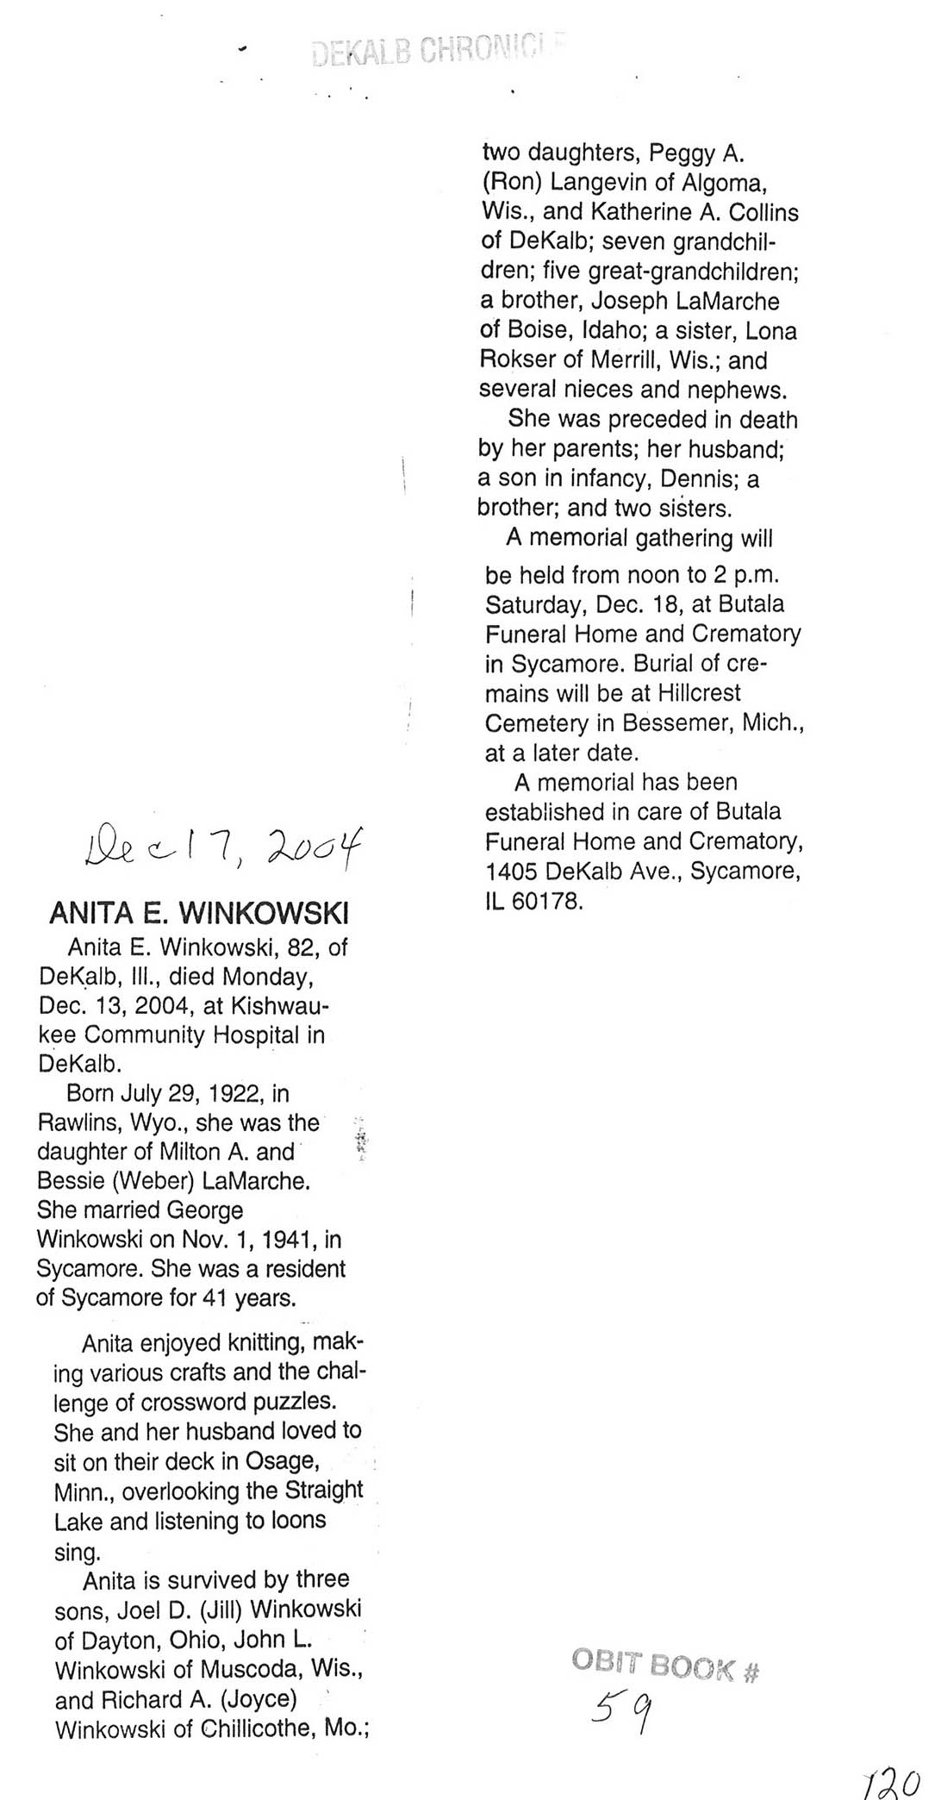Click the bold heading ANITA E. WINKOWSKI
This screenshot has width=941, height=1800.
click(199, 912)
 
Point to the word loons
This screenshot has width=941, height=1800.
click(297, 1519)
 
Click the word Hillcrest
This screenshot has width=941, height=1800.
click(699, 693)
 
